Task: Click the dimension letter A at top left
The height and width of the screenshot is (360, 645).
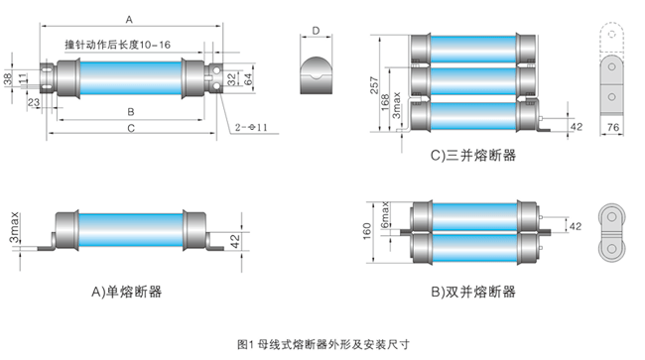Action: point(129,20)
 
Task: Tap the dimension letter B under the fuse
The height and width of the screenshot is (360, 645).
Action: point(131,112)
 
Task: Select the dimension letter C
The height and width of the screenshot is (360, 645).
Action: point(131,129)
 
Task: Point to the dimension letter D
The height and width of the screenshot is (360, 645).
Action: point(316,31)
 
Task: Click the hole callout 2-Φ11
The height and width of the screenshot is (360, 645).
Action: point(251,127)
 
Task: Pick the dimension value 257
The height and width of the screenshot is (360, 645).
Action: point(374,85)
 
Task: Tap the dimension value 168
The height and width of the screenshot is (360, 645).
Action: point(385,102)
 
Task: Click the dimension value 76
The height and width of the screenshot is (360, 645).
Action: point(613,127)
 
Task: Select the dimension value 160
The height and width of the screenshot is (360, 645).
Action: point(367,231)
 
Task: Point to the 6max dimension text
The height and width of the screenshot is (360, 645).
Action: point(385,214)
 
